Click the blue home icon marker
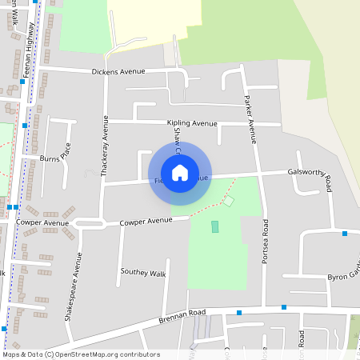pyautogui.click(x=180, y=172)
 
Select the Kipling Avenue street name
pyautogui.click(x=192, y=123)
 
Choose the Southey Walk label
pyautogui.click(x=142, y=273)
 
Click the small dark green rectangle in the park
pyautogui.click(x=214, y=226)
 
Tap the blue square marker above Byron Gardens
pyautogui.click(x=345, y=234)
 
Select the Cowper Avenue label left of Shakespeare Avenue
pyautogui.click(x=46, y=223)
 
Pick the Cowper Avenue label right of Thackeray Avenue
pyautogui.click(x=146, y=220)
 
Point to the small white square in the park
pyautogui.click(x=228, y=200)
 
